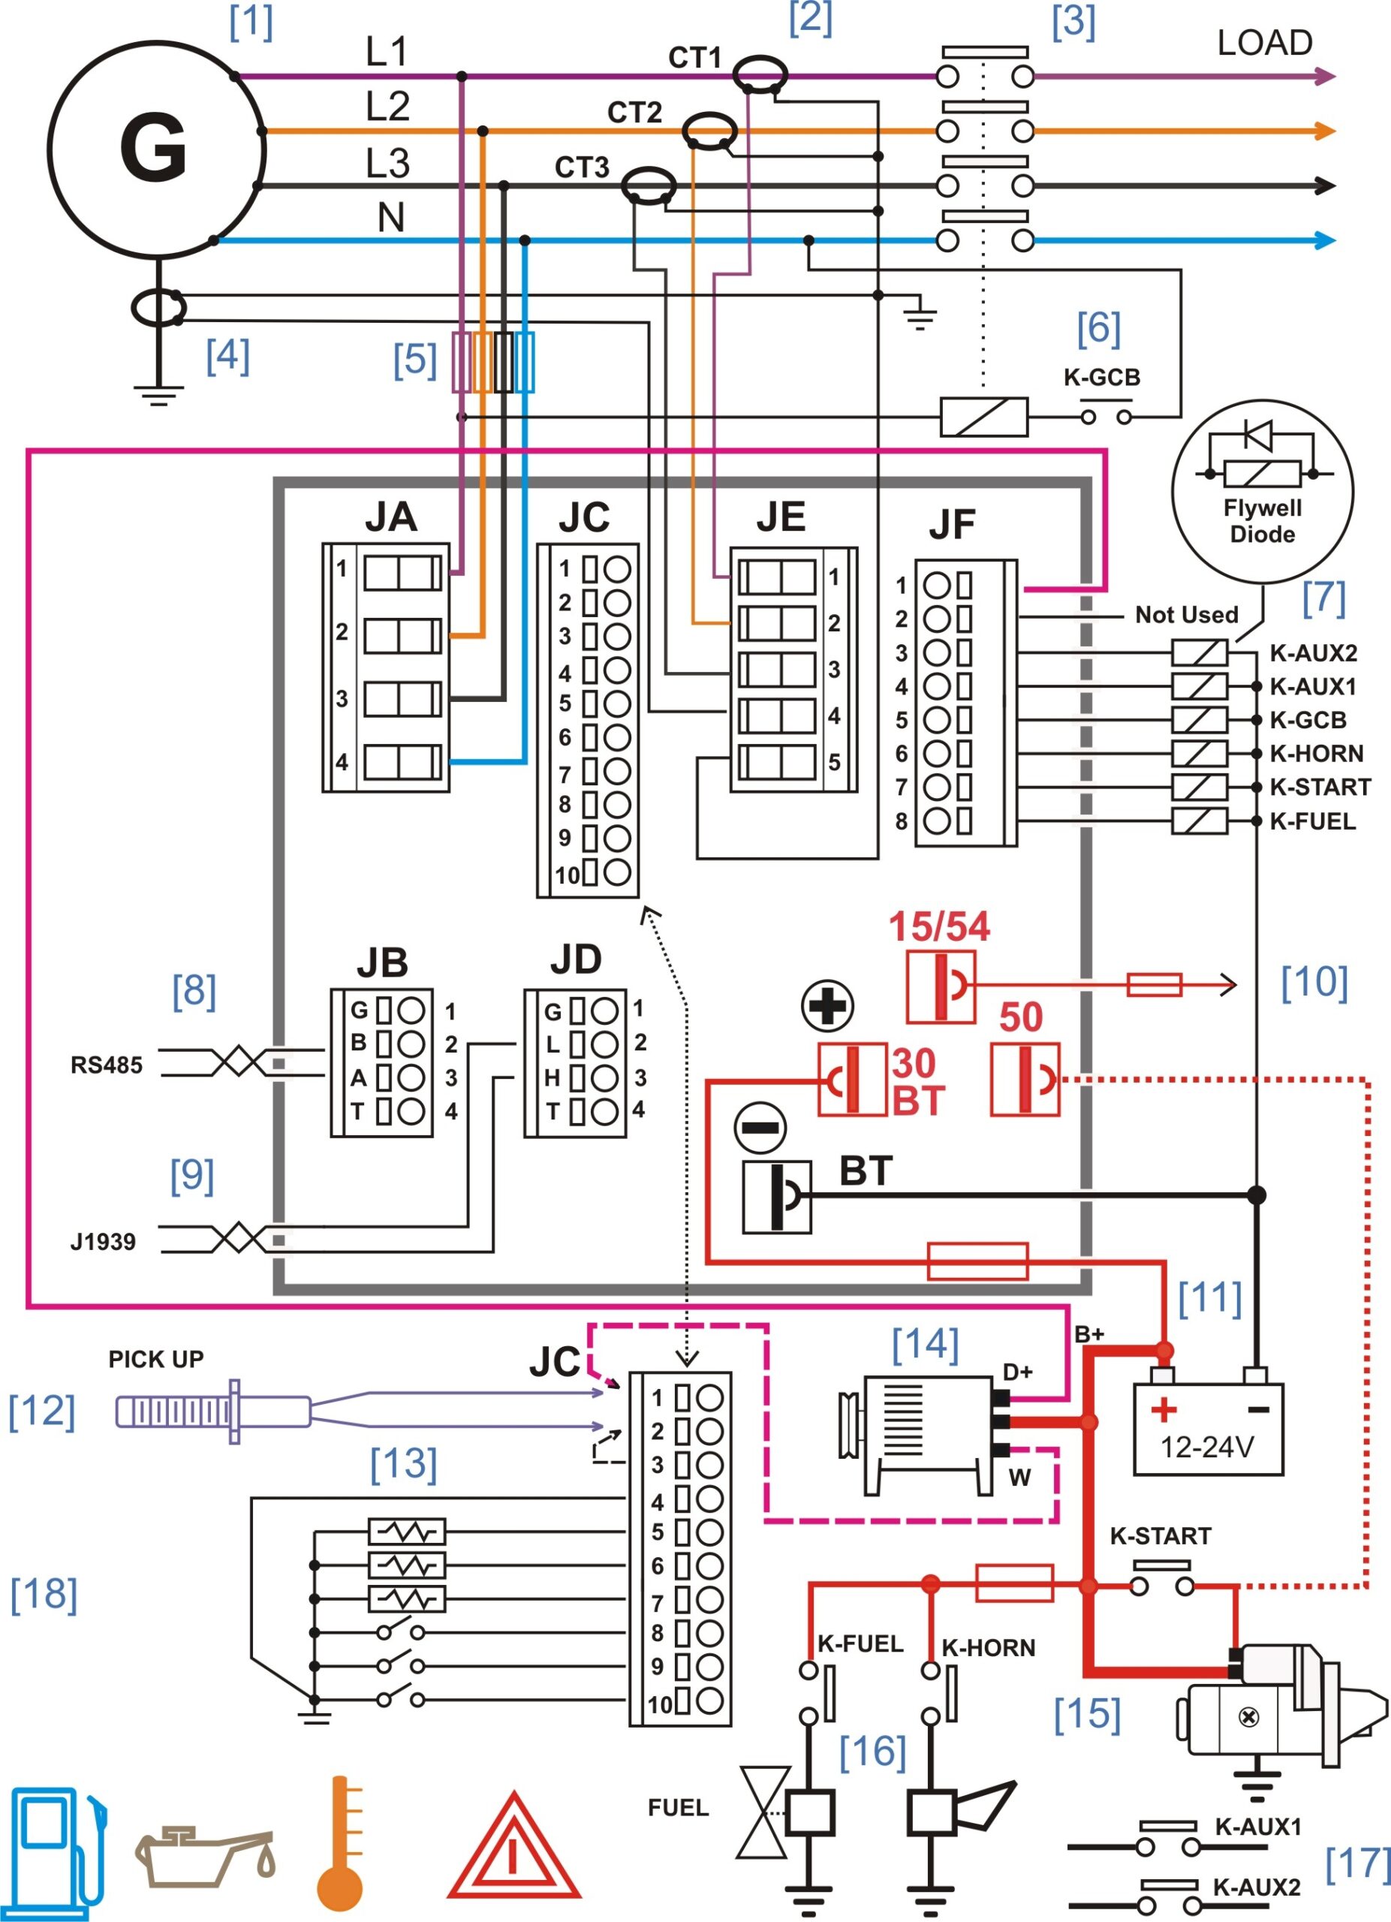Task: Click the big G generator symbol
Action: point(153,149)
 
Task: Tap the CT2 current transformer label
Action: point(634,113)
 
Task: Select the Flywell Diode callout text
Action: point(1262,520)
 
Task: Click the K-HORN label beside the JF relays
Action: point(1316,753)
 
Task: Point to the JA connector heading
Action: point(390,516)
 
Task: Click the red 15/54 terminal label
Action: point(938,926)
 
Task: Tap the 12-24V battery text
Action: point(1206,1447)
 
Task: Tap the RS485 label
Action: point(106,1065)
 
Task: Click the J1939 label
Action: point(103,1242)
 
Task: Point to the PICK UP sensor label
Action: point(156,1360)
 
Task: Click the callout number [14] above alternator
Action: point(925,1344)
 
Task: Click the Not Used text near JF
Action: point(1186,614)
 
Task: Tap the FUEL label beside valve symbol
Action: point(678,1808)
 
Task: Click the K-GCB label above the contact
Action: point(1101,377)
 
